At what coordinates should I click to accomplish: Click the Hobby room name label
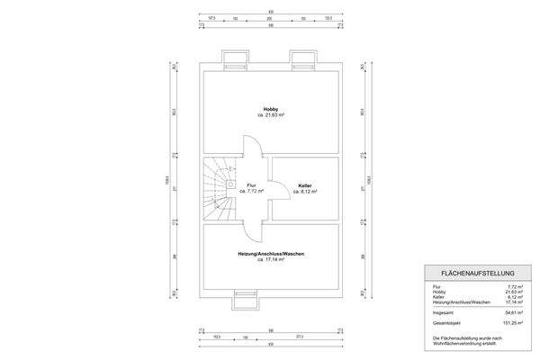(270, 108)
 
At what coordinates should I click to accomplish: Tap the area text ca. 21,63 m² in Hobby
(270, 115)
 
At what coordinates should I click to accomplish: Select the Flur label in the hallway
(251, 184)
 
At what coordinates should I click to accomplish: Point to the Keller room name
(305, 184)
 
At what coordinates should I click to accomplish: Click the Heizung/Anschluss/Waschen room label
(270, 254)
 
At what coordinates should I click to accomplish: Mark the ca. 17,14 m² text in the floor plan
(270, 260)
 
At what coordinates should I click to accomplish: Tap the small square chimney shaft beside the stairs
(232, 184)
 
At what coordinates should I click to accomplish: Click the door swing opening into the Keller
(281, 187)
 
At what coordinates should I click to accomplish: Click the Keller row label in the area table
(437, 297)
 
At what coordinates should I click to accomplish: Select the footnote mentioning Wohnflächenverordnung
(463, 340)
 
